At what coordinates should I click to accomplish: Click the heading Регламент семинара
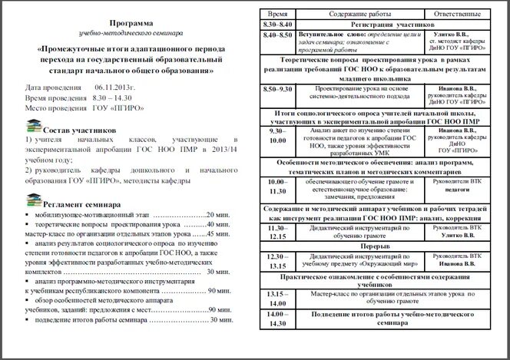[x=82, y=206]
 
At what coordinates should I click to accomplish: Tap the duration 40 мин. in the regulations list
[x=220, y=226]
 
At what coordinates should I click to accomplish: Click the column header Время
[x=278, y=15]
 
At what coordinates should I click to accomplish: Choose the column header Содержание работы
[x=359, y=15]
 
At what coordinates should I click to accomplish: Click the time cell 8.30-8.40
[x=277, y=25]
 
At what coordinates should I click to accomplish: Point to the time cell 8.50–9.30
[x=277, y=90]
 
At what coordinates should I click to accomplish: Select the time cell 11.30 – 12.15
[x=277, y=233]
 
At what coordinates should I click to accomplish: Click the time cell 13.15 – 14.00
[x=277, y=299]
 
